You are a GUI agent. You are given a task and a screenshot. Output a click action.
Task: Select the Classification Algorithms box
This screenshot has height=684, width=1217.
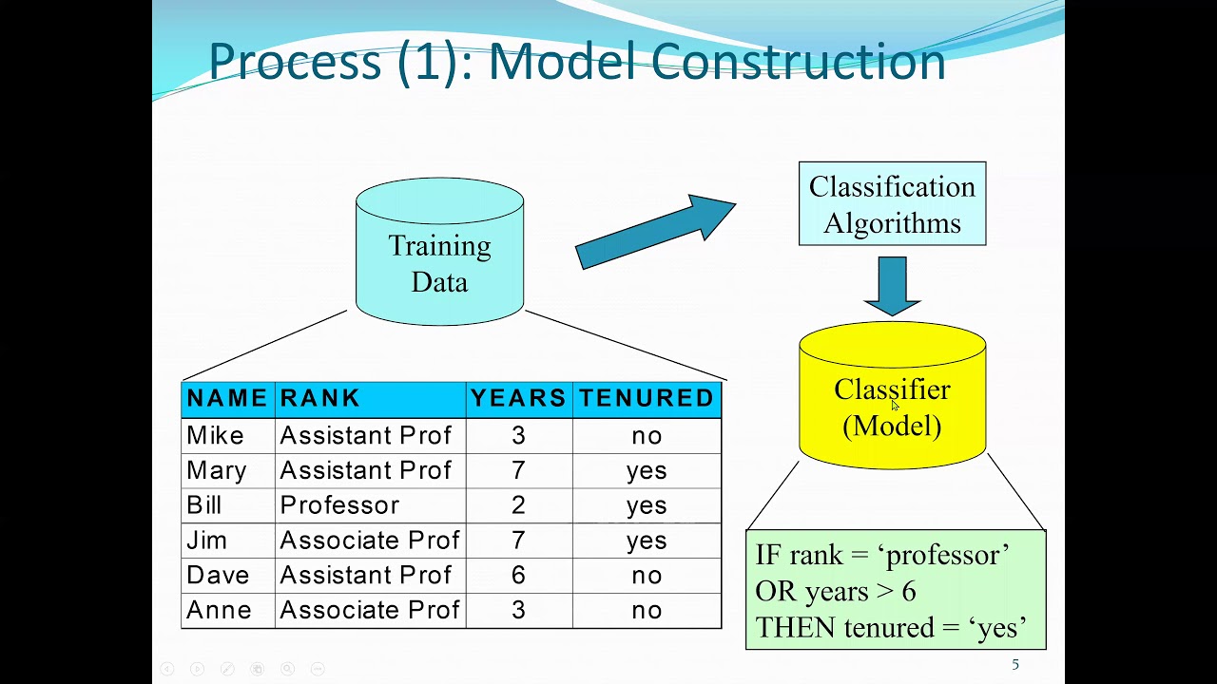(x=892, y=204)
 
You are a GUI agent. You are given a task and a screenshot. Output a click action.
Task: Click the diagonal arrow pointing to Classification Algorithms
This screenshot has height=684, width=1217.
(x=656, y=232)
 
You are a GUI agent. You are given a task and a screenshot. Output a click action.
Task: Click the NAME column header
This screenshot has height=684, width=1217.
(x=227, y=399)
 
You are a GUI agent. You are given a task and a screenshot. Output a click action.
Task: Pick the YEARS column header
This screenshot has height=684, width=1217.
(x=518, y=399)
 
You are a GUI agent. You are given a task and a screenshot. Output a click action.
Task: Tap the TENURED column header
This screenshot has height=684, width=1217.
(x=647, y=399)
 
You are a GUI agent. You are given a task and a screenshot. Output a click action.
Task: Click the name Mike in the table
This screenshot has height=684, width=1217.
(x=216, y=436)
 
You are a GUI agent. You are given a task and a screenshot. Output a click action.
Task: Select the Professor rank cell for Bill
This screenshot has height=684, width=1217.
(x=339, y=505)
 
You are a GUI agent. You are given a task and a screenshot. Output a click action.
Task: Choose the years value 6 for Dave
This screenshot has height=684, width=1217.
(x=518, y=576)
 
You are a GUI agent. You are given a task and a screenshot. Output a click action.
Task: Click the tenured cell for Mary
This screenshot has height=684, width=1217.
(x=647, y=471)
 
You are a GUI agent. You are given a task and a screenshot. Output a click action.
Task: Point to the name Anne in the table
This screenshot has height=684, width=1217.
(x=219, y=611)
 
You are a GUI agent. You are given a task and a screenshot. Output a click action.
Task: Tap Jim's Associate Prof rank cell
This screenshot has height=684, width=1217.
(x=370, y=541)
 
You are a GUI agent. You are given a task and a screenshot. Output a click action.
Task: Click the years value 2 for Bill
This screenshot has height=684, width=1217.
(x=518, y=505)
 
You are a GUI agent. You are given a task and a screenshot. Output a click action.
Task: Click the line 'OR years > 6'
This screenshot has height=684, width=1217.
(x=836, y=592)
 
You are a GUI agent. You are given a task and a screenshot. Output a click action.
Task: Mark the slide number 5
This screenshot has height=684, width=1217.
(x=1015, y=665)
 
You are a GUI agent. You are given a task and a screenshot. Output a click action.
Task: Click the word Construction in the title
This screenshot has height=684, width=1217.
(x=799, y=62)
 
